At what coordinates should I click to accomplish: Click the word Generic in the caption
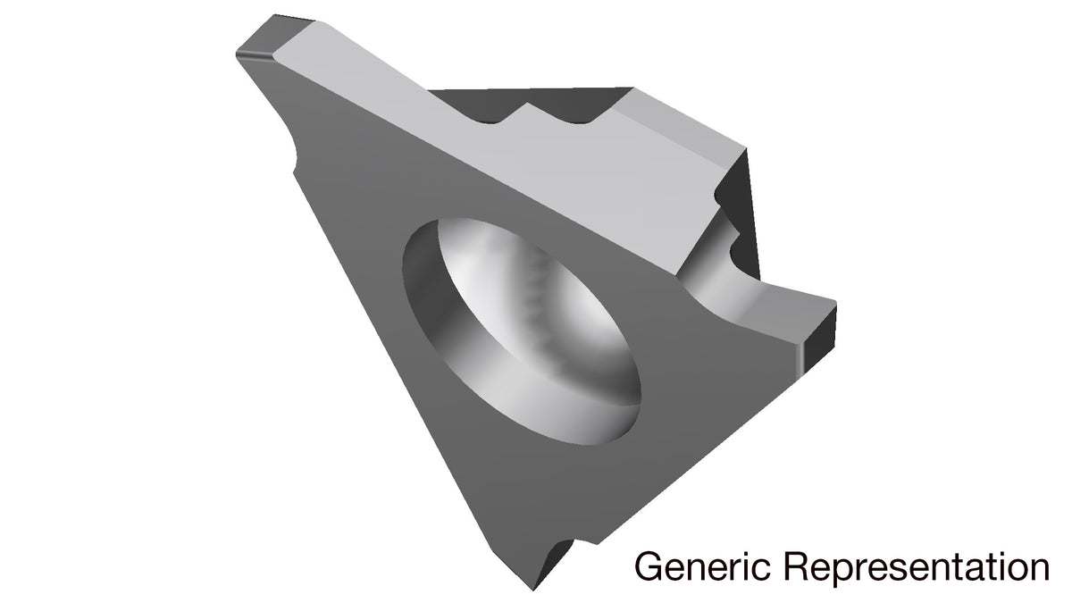(x=702, y=567)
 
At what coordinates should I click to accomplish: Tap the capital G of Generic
(x=649, y=567)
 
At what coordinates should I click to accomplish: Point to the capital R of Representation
(x=799, y=567)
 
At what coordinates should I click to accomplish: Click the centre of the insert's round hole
(x=522, y=331)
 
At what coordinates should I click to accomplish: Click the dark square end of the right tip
(x=819, y=339)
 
